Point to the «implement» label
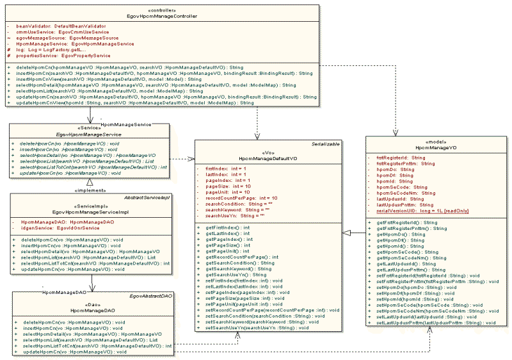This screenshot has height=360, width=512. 90,190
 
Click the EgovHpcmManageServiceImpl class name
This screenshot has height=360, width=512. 92,210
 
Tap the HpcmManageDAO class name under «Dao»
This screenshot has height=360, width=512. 93,310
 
